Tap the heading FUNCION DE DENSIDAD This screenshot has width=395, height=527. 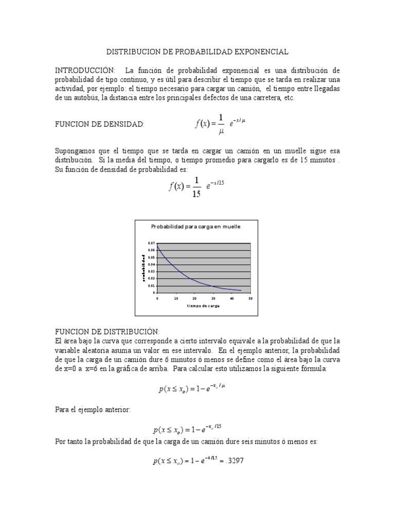(99, 124)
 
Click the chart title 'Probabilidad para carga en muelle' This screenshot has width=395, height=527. (196, 226)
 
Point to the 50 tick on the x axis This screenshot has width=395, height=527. (250, 298)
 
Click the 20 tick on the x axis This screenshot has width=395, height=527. (194, 298)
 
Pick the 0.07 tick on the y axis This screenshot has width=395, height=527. (151, 243)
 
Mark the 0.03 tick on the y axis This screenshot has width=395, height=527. (151, 271)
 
